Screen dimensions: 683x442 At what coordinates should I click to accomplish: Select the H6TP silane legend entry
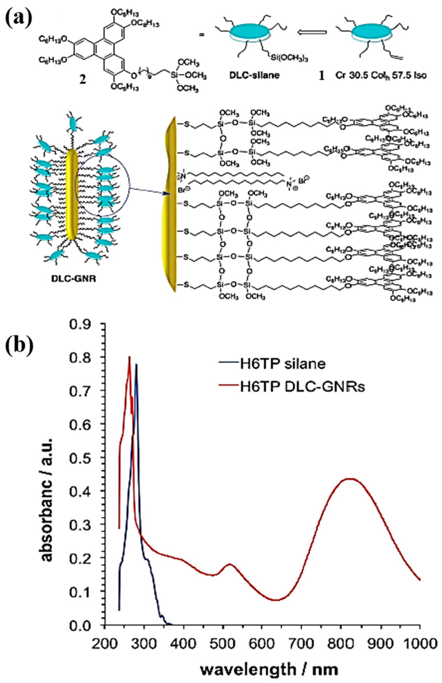pyautogui.click(x=283, y=364)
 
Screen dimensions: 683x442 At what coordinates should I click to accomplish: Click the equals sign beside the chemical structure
pyautogui.click(x=202, y=34)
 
